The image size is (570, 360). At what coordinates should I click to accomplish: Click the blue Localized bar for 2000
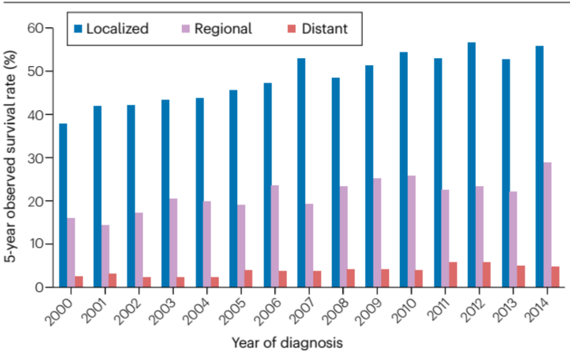pos(63,205)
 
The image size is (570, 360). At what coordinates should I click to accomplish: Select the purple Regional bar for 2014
pos(547,225)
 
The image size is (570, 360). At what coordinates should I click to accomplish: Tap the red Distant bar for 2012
pos(487,274)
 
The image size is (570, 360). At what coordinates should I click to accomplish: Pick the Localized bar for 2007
pos(301,173)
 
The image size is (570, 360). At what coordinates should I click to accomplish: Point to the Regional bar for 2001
pos(106,256)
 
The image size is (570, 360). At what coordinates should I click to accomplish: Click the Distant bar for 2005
pos(248,279)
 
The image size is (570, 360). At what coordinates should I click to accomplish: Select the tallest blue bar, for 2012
pos(471,165)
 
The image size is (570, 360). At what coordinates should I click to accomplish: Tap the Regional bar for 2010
pos(412,232)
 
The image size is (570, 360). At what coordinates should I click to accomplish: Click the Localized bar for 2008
pos(336,183)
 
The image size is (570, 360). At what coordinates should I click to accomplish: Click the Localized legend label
pos(117,29)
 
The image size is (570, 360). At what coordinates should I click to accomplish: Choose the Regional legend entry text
pos(223,29)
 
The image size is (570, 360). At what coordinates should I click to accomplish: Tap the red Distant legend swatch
pos(291,29)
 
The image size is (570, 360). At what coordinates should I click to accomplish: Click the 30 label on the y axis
pos(35,158)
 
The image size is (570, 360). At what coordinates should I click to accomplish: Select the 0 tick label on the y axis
pos(39,288)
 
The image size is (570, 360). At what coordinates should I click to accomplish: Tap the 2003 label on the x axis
pos(163,311)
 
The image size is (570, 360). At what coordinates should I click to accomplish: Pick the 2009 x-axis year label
pos(367,311)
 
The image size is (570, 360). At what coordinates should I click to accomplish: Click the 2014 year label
pos(537,310)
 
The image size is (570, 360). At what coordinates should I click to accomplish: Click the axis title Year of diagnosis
pos(287,343)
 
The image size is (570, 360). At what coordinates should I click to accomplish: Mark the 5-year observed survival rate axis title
pos(11,156)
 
